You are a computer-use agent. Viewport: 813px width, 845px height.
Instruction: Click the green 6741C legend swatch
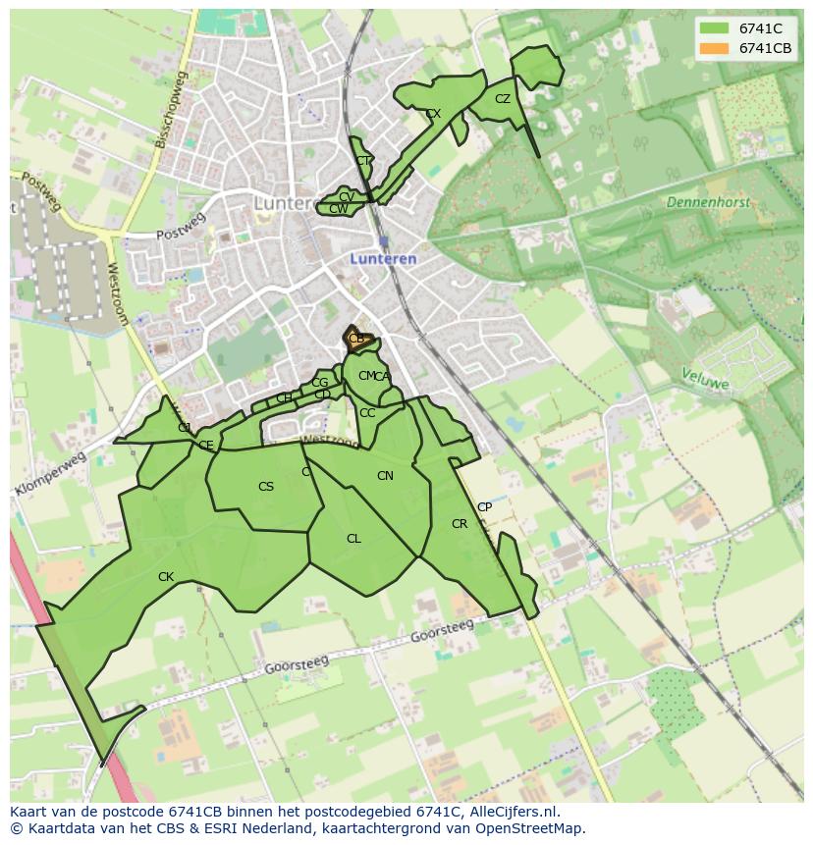pyautogui.click(x=715, y=28)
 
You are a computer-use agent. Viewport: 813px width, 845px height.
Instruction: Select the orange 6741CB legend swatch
pyautogui.click(x=715, y=48)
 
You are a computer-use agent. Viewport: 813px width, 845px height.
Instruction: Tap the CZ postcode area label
pyautogui.click(x=503, y=99)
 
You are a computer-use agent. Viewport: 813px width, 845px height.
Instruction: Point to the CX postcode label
pyautogui.click(x=433, y=114)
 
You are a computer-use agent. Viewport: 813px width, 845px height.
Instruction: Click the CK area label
pyautogui.click(x=166, y=577)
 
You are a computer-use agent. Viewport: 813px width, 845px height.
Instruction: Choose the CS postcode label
pyautogui.click(x=266, y=487)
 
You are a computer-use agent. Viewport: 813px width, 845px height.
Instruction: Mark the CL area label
pyautogui.click(x=353, y=539)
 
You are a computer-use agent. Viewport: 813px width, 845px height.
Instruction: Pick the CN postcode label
pyautogui.click(x=385, y=476)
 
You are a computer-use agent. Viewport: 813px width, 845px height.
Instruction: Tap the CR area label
pyautogui.click(x=460, y=524)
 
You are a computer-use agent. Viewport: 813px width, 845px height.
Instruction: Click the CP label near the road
pyautogui.click(x=484, y=507)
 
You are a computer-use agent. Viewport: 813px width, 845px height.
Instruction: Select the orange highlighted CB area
pyautogui.click(x=355, y=340)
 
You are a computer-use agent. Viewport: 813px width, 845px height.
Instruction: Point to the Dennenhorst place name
pyautogui.click(x=708, y=202)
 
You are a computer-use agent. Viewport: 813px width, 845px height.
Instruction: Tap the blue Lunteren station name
pyautogui.click(x=384, y=259)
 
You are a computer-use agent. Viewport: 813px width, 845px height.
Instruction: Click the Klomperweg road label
pyautogui.click(x=51, y=475)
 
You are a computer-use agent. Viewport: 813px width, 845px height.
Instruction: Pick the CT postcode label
pyautogui.click(x=363, y=161)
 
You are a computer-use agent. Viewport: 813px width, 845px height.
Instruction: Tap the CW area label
pyautogui.click(x=338, y=209)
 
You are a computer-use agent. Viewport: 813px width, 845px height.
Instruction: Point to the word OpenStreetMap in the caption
pyautogui.click(x=530, y=828)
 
